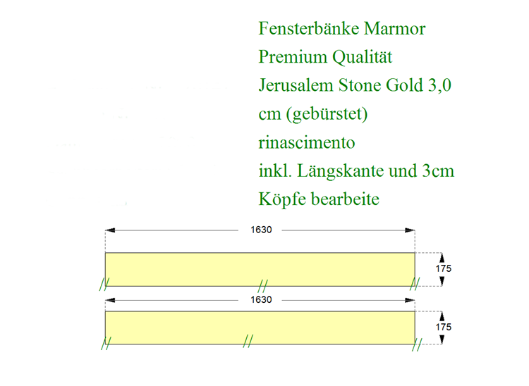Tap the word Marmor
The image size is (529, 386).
395,28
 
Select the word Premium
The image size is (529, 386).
293,56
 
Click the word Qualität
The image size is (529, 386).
362,57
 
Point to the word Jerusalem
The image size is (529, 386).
296,85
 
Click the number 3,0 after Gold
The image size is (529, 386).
440,85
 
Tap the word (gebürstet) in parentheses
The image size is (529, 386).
327,114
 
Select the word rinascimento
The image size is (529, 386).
307,142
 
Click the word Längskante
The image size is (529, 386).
340,170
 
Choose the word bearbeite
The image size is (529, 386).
345,199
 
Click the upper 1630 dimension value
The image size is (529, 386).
261,230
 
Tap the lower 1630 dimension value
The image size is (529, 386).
261,300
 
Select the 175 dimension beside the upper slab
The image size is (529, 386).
444,269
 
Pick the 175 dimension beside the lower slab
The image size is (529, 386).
444,327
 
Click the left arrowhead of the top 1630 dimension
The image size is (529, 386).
110,230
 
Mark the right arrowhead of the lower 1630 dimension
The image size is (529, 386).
411,300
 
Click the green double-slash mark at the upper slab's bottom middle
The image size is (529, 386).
262,286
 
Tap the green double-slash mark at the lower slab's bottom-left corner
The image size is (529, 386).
106,343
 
